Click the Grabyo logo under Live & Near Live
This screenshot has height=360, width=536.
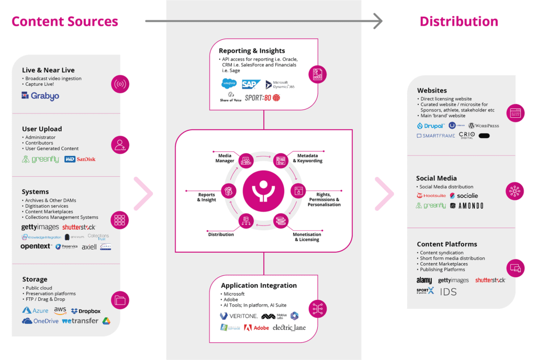click(40, 96)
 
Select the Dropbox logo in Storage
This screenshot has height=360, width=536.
click(86, 311)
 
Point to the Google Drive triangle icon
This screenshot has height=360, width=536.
click(106, 321)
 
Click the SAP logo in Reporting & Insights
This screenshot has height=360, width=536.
click(251, 84)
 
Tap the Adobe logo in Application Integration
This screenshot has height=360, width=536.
click(256, 328)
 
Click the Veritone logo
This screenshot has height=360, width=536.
click(238, 316)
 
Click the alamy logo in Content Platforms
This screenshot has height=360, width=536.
click(424, 280)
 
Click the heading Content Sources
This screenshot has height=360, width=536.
click(65, 21)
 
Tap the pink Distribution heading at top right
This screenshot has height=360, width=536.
click(459, 21)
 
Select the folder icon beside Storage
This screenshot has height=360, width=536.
click(120, 300)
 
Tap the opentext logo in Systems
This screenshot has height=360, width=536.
click(36, 246)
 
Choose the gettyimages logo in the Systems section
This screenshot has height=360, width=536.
click(40, 227)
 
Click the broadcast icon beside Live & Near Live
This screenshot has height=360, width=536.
click(120, 84)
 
